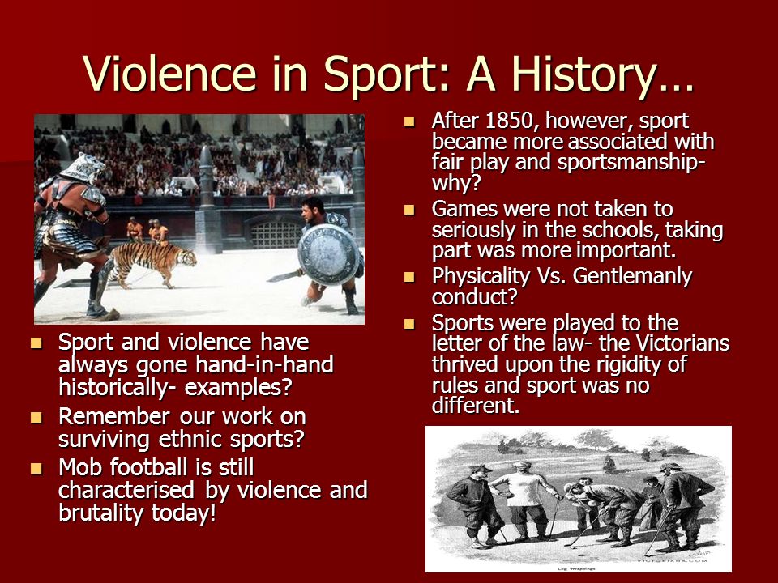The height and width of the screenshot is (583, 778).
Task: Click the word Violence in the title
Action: [169, 74]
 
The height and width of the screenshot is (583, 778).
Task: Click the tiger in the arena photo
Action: [152, 262]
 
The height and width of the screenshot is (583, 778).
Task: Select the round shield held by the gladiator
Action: [328, 255]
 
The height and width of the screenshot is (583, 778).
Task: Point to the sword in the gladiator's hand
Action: [284, 275]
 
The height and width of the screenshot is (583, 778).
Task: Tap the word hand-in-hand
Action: [264, 365]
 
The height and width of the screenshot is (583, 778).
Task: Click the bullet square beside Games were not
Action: [409, 210]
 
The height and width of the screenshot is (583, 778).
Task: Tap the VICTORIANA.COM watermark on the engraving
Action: [673, 560]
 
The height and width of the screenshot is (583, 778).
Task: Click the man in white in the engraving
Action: [523, 500]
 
